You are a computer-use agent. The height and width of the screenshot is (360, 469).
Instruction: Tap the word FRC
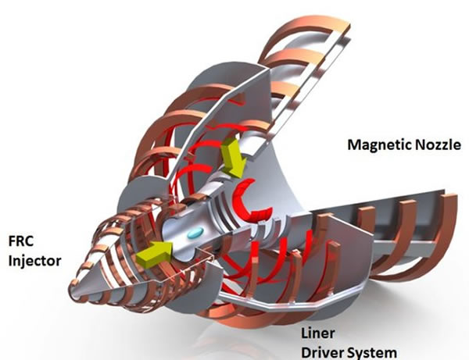point(20,241)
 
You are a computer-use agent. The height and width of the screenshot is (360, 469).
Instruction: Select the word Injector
point(34,261)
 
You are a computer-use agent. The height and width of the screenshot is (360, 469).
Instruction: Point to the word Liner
point(317,333)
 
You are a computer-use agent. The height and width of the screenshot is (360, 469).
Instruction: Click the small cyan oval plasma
point(195,233)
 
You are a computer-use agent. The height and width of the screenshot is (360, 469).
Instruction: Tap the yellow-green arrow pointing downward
point(234,158)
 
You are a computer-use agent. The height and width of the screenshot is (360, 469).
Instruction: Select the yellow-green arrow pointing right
point(155,254)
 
